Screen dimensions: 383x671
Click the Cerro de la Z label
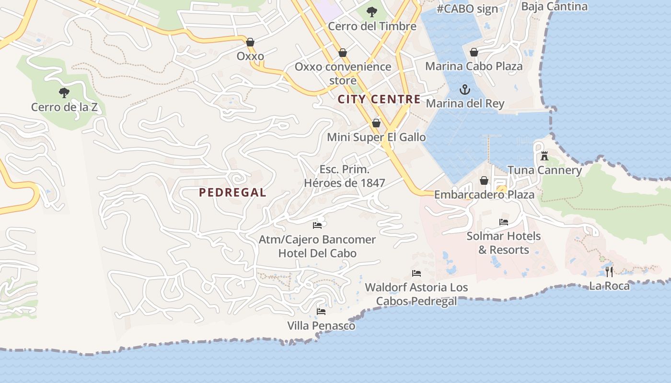click(64, 107)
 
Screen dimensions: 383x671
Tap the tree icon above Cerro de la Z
click(64, 92)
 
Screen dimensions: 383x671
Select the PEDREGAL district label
click(232, 192)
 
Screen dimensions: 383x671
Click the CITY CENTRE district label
click(379, 100)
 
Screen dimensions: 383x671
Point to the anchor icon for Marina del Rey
click(464, 90)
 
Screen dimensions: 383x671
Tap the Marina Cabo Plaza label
click(474, 66)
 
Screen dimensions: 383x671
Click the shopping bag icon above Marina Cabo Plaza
click(474, 52)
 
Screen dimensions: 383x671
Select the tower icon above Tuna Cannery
click(544, 156)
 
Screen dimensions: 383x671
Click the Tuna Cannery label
click(544, 170)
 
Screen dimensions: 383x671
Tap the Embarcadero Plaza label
click(484, 195)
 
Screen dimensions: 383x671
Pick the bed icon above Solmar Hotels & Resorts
click(503, 222)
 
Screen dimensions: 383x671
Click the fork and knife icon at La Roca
click(609, 272)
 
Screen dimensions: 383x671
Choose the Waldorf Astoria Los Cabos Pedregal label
click(416, 294)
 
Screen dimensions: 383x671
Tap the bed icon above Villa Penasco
click(321, 312)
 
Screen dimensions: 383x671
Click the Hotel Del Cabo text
click(317, 253)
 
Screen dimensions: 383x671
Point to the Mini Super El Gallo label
click(376, 137)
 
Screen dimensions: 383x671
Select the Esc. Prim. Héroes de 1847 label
click(345, 176)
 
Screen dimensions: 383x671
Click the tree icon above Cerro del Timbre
click(371, 12)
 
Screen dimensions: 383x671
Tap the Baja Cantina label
click(554, 6)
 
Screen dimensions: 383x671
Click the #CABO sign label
click(467, 9)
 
